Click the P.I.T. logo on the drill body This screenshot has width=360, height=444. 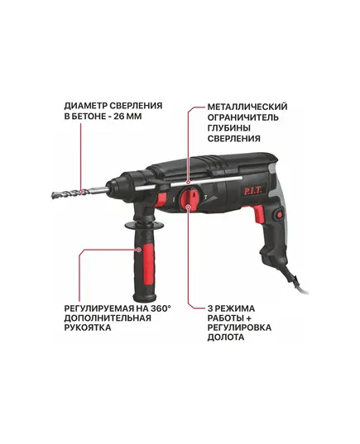(253, 190)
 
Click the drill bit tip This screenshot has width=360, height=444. (53, 195)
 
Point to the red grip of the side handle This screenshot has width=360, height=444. (148, 264)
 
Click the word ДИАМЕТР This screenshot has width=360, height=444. (85, 106)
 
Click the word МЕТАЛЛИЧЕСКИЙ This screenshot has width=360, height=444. (247, 107)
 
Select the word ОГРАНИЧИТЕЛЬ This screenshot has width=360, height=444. (243, 117)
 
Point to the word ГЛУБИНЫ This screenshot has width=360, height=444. (229, 128)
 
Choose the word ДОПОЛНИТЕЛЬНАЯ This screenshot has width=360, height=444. (108, 317)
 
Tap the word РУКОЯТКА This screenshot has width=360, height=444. (87, 327)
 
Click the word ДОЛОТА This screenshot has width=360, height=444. (226, 337)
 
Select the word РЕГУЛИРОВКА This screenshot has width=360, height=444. (239, 327)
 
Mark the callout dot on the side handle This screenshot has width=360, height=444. (139, 250)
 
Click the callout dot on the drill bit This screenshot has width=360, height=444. (81, 192)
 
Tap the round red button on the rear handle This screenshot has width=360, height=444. (279, 215)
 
